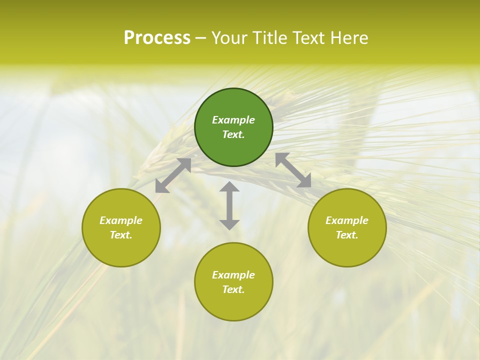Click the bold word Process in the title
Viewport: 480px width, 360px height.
[x=157, y=38]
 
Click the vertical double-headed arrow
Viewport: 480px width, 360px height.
[x=229, y=206]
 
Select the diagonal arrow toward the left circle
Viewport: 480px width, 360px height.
[x=173, y=175]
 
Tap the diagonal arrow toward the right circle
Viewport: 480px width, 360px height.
[x=293, y=170]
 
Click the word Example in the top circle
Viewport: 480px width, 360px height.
[x=233, y=120]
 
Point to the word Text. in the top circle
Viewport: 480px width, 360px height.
[x=233, y=134]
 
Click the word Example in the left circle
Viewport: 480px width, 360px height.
[x=121, y=220]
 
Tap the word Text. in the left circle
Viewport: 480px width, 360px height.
[x=121, y=235]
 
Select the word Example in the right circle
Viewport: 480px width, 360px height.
[x=347, y=220]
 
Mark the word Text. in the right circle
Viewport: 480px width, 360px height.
[x=347, y=235]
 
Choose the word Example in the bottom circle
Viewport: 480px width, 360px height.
[x=233, y=275]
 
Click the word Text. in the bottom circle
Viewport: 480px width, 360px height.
[x=233, y=289]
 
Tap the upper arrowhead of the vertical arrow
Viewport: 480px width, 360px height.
[x=229, y=187]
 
